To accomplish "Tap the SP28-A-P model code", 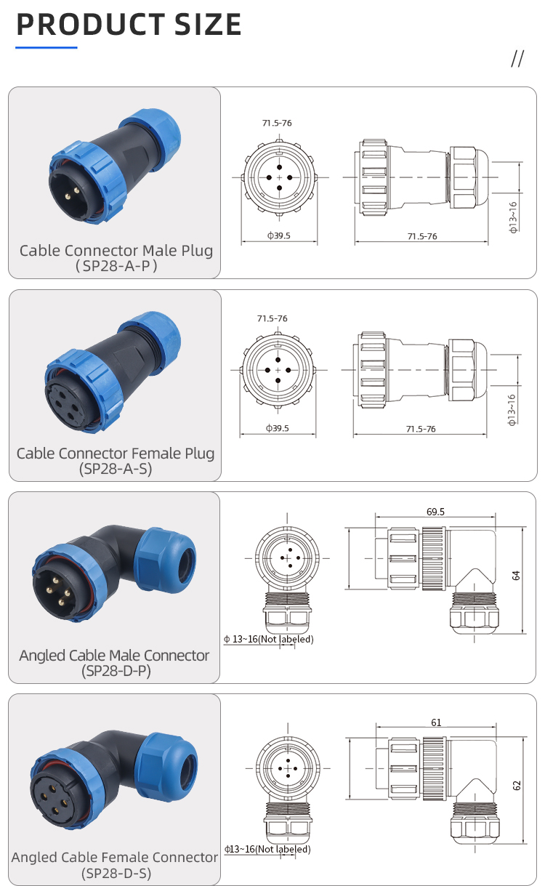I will tap(116, 267).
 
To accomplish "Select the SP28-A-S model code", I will tap(116, 469).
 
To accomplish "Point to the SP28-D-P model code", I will tap(116, 671).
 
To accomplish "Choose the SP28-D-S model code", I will tap(116, 873).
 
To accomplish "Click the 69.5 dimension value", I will tap(436, 512).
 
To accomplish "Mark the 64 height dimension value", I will tap(516, 575).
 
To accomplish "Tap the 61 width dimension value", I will tap(436, 722).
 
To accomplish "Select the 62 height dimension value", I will tap(517, 785).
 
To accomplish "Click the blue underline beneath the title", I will tap(47, 48).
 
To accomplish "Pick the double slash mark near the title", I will tap(517, 59).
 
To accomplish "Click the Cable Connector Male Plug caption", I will tap(116, 251).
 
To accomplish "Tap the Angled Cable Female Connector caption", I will tap(115, 858).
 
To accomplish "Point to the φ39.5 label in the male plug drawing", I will tap(278, 235).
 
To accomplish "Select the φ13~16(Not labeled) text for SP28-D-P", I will tap(269, 640).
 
